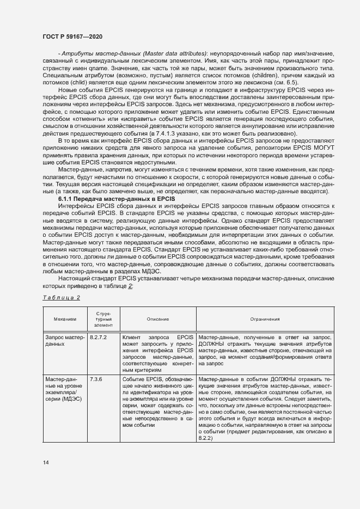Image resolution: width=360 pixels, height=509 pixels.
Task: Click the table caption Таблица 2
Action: [x=61, y=298]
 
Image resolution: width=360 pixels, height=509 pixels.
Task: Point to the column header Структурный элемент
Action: [x=103, y=319]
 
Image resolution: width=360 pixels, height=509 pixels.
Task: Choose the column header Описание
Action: [x=157, y=319]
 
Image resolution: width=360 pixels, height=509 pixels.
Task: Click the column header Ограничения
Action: [x=265, y=319]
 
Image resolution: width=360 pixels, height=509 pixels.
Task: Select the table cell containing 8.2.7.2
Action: [x=98, y=338]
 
